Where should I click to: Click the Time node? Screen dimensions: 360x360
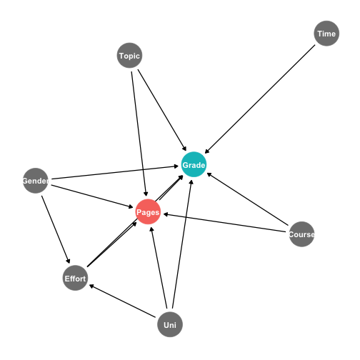[x=326, y=34]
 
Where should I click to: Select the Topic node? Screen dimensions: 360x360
[x=129, y=56]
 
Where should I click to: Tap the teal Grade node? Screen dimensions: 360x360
[x=194, y=164]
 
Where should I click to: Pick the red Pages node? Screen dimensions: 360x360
[x=148, y=211]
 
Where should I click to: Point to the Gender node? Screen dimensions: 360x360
[x=36, y=181]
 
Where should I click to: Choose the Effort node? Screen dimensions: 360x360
[x=75, y=278]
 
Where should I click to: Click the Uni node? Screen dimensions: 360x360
[x=170, y=324]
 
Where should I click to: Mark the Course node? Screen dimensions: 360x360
[x=301, y=234]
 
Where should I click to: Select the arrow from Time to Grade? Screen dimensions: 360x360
[x=260, y=99]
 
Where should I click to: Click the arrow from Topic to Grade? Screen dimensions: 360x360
[x=162, y=110]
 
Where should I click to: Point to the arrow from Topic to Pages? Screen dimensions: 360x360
[x=140, y=134]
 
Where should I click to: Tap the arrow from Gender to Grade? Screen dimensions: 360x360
[x=115, y=172]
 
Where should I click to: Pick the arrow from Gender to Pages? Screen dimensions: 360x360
[x=92, y=196]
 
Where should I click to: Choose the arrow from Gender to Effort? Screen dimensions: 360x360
[x=56, y=229]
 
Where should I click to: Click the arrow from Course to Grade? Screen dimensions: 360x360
[x=247, y=199]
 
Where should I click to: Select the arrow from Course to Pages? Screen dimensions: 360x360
[x=224, y=223]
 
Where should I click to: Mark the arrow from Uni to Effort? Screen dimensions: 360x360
[x=122, y=301]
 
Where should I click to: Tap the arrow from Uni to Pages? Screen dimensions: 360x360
[x=159, y=268]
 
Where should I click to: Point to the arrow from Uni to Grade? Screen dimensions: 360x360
[x=182, y=244]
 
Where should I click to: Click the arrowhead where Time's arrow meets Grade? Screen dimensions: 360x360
[x=206, y=151]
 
